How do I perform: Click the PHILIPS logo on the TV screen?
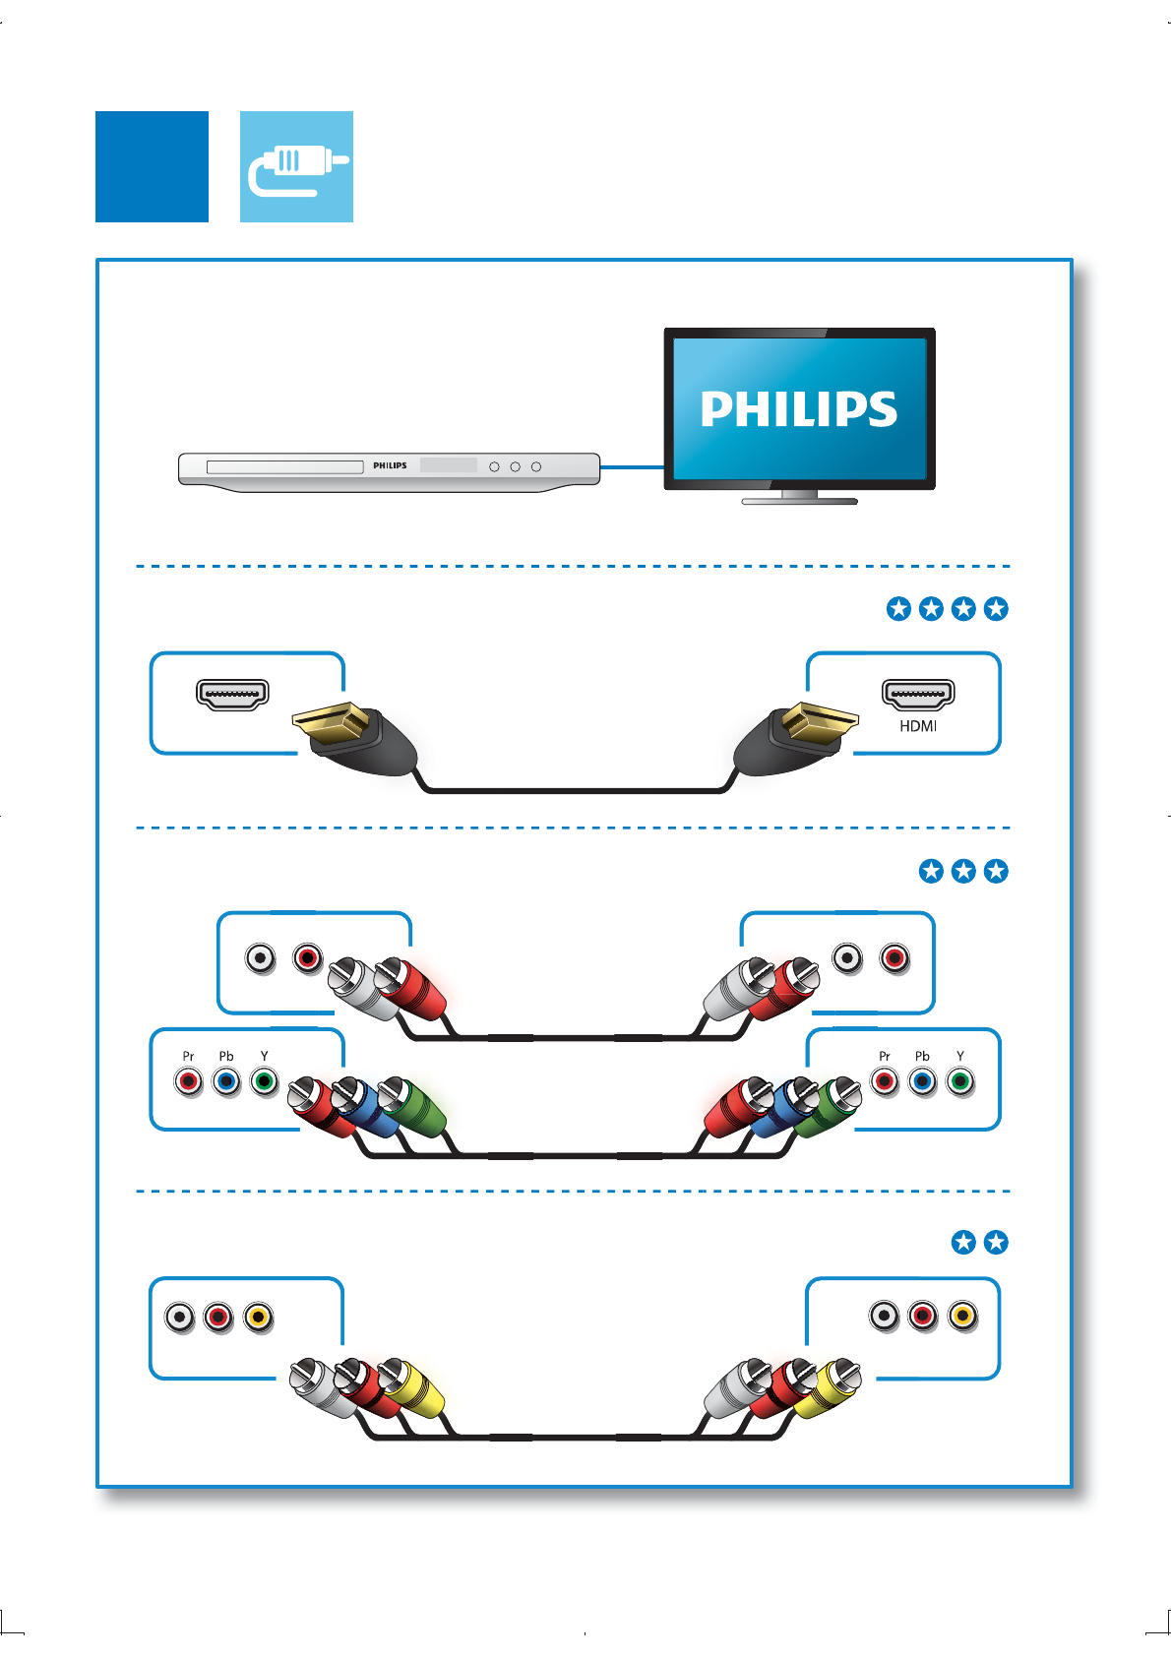point(798,408)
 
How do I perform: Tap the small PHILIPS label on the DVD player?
point(390,465)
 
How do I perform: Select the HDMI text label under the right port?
point(918,726)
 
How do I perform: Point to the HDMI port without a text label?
point(233,694)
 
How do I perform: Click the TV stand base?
point(799,501)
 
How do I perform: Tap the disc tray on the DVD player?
point(285,466)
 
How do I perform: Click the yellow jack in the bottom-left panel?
point(258,1317)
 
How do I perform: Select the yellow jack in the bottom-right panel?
point(962,1316)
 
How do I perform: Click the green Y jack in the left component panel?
point(264,1082)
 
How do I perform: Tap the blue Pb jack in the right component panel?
point(922,1082)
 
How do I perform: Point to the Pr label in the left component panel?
point(188,1056)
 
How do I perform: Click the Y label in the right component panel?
point(960,1056)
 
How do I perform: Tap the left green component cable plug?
point(415,1107)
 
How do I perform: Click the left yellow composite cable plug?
point(413,1387)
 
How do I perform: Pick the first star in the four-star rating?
point(898,609)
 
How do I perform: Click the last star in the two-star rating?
point(996,1242)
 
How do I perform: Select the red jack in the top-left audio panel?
point(308,957)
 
